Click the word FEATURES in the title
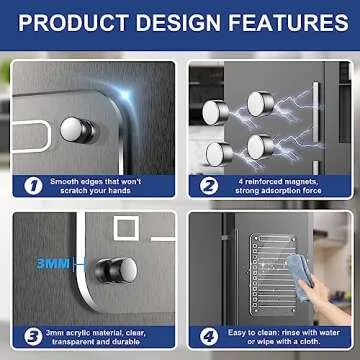(x=281, y=23)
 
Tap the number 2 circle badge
(x=210, y=184)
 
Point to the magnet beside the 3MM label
(x=116, y=270)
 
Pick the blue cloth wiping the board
(x=301, y=268)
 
